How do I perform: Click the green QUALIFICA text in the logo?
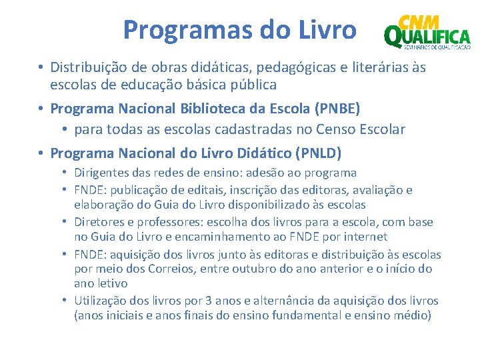pyautogui.click(x=428, y=37)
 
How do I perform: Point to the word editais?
pyautogui.click(x=206, y=190)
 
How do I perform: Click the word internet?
pyautogui.click(x=367, y=237)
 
